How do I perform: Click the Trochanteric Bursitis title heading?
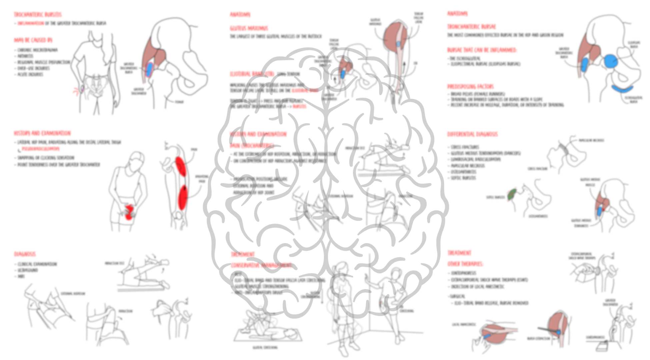(x=38, y=14)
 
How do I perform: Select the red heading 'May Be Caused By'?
(x=33, y=40)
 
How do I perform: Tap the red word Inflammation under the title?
(x=31, y=23)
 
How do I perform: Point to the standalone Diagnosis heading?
(x=25, y=254)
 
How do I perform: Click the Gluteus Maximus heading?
(x=249, y=28)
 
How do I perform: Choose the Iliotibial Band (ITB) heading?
(x=252, y=74)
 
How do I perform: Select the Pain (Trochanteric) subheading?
(x=252, y=146)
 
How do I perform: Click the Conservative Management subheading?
(x=262, y=265)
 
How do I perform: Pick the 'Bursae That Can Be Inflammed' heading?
(x=482, y=50)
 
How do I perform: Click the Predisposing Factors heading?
(x=470, y=86)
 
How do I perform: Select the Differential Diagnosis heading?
(x=472, y=134)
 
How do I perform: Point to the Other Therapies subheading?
(x=465, y=264)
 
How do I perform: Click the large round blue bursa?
(x=611, y=61)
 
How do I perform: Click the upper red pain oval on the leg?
(x=181, y=167)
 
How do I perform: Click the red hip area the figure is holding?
(x=129, y=213)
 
